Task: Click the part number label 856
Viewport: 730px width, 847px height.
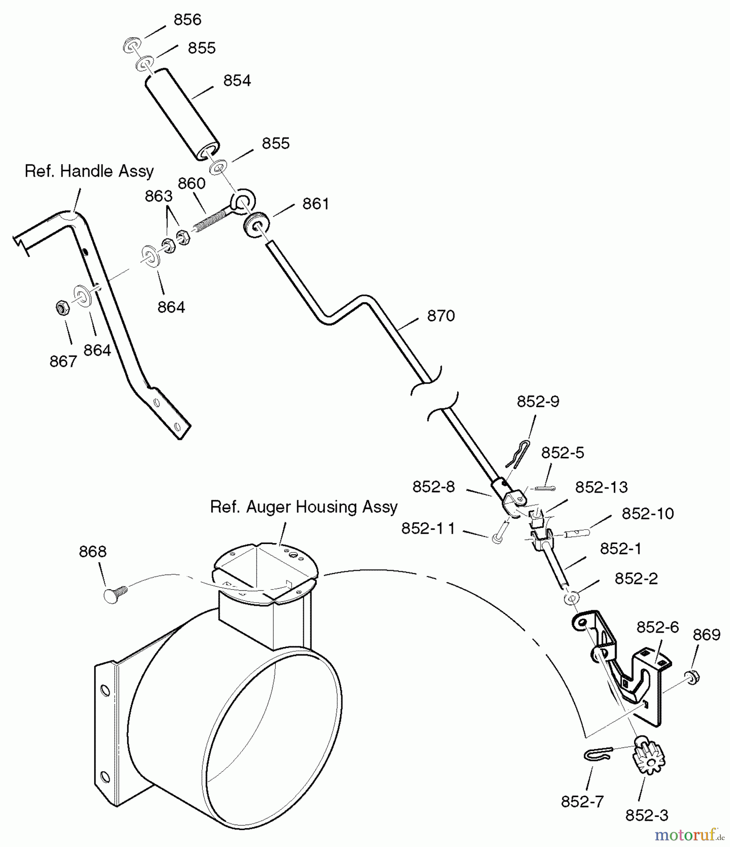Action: (x=187, y=20)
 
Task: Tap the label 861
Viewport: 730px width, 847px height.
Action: (x=316, y=204)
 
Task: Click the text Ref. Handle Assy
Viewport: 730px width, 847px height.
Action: (x=89, y=171)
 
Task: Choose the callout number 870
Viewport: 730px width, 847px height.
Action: (x=441, y=316)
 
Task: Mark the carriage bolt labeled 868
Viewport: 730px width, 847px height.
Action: (x=114, y=593)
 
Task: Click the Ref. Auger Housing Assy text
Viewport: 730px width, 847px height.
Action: (x=304, y=507)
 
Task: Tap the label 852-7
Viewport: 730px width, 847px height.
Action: (x=582, y=802)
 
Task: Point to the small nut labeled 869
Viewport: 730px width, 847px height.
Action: (x=692, y=677)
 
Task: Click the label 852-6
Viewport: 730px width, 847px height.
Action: (x=658, y=627)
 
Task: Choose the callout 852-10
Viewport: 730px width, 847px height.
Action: (x=648, y=513)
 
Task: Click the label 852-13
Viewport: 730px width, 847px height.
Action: (x=601, y=487)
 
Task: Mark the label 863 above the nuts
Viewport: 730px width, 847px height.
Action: (x=159, y=196)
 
